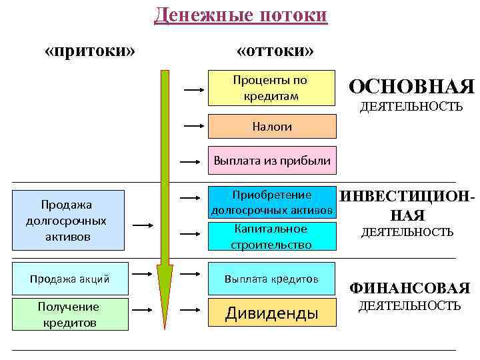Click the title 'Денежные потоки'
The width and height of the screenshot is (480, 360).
(x=241, y=15)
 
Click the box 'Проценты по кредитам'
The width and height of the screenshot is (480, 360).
(x=271, y=88)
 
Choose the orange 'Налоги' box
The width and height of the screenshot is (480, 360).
(x=271, y=126)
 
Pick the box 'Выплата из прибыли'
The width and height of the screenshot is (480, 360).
(x=271, y=161)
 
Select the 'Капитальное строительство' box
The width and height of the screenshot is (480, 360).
(x=271, y=237)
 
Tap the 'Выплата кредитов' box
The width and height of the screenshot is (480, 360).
(x=271, y=278)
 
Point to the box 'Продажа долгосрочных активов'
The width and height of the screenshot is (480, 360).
(x=71, y=220)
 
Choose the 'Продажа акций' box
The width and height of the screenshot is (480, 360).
(x=71, y=279)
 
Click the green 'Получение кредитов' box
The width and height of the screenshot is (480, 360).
(x=71, y=314)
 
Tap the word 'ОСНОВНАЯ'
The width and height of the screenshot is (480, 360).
(x=411, y=87)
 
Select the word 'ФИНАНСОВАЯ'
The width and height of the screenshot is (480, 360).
(x=410, y=288)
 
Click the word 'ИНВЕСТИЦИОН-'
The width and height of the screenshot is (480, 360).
(x=408, y=197)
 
